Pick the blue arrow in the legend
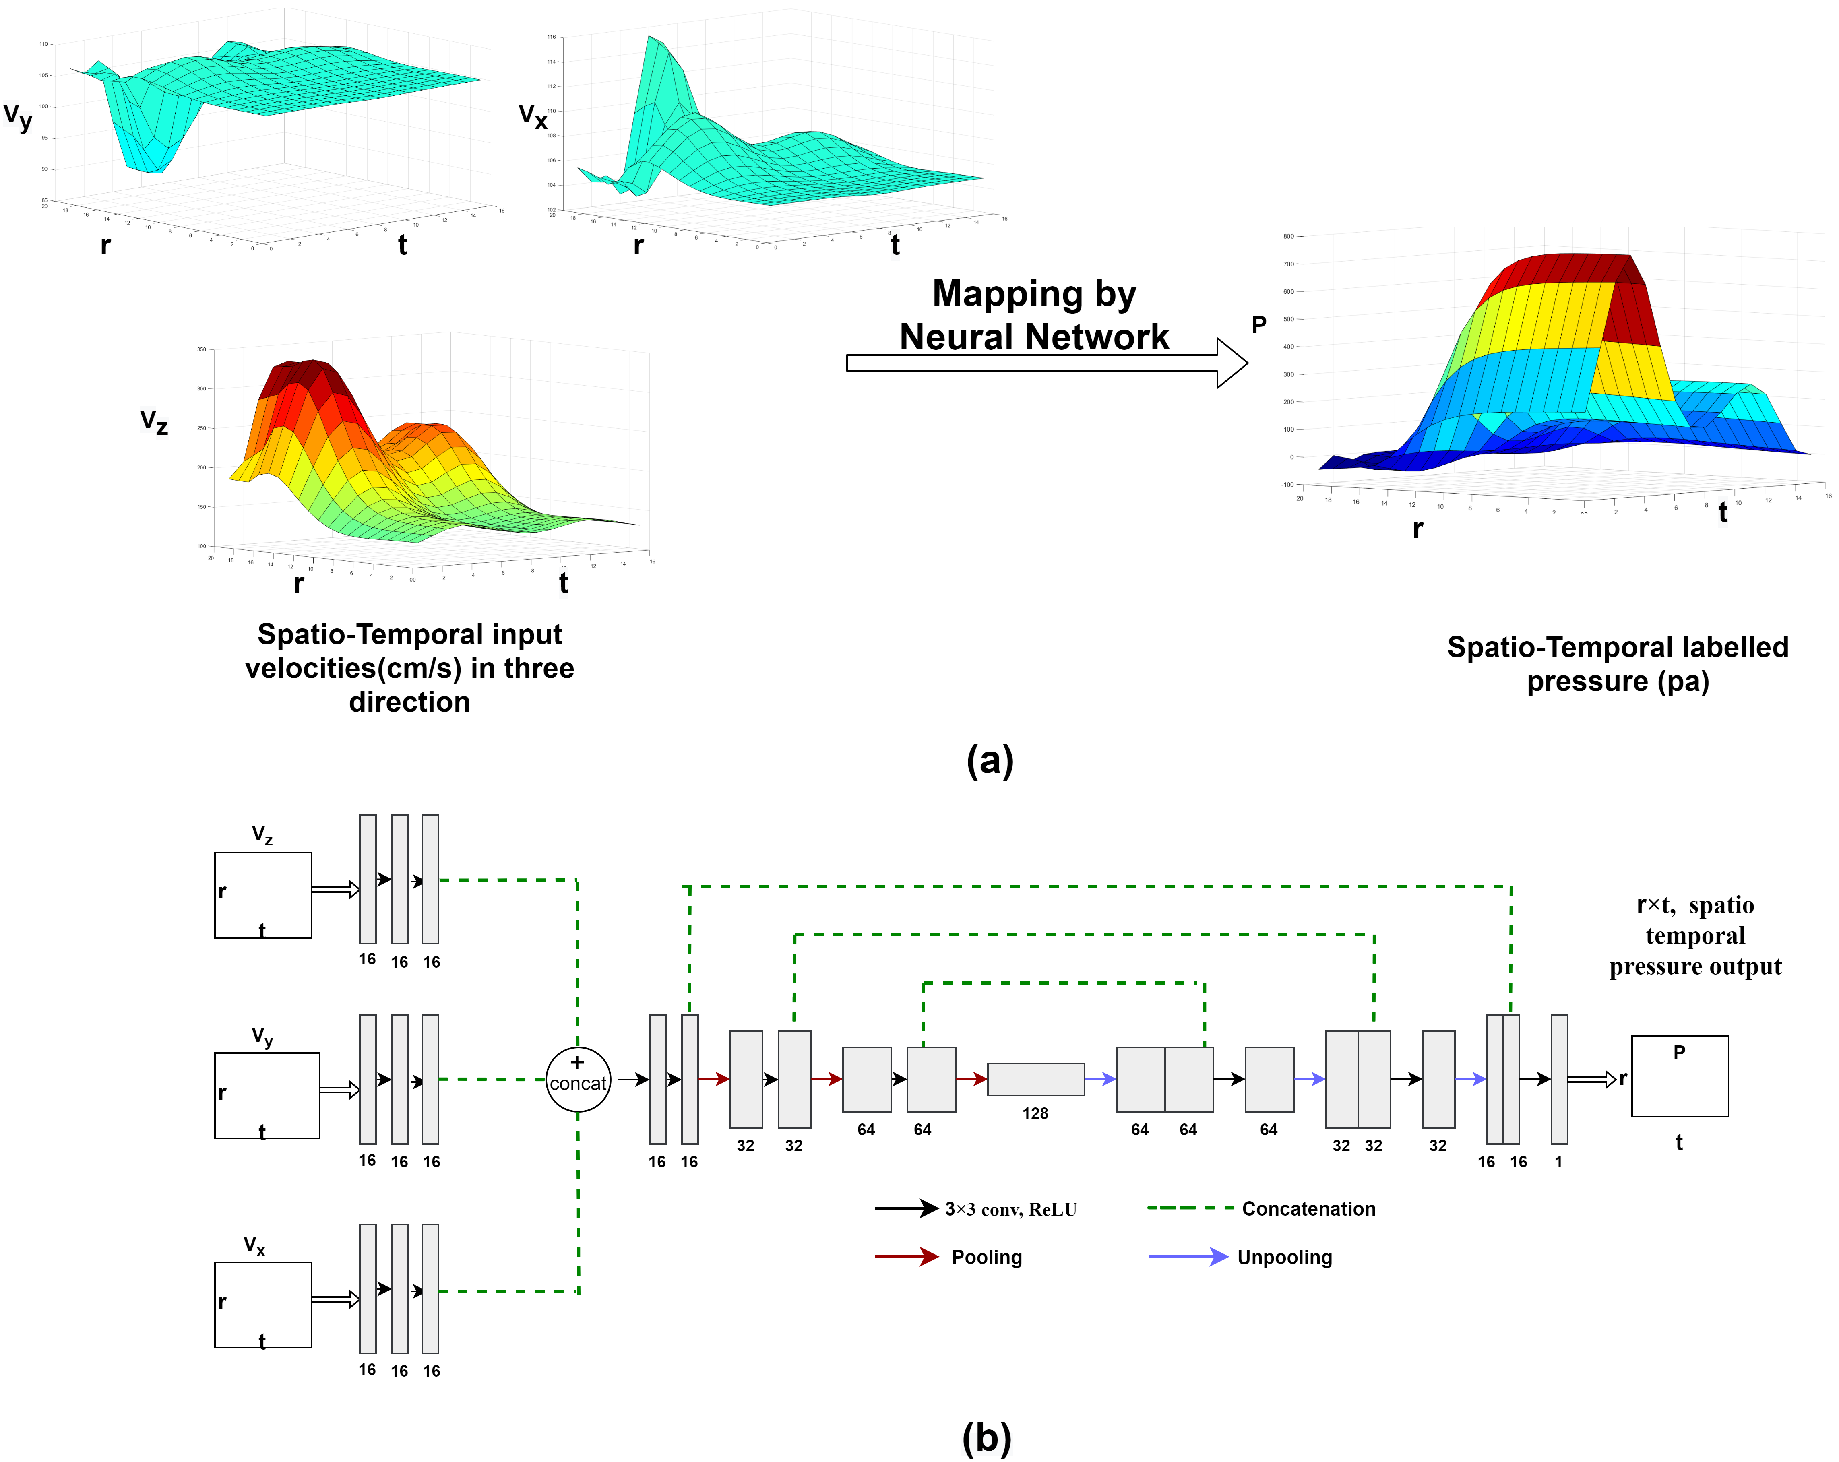[1188, 1256]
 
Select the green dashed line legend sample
[1191, 1208]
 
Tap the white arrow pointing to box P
[1591, 1080]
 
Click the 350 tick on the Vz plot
[201, 349]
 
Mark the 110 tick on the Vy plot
[43, 44]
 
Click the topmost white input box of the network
[263, 895]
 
